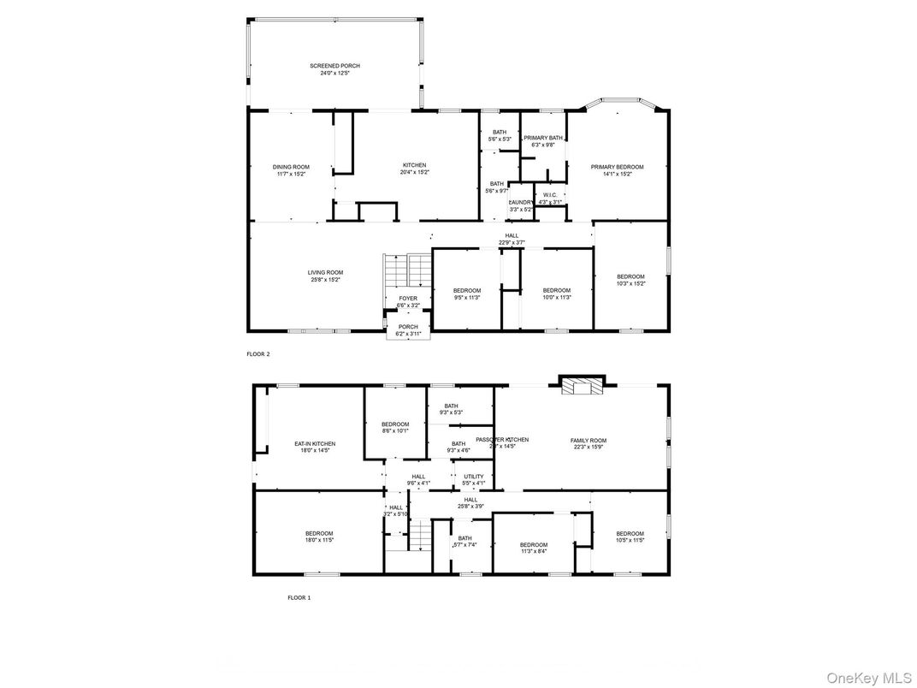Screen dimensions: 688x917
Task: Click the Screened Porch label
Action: [x=334, y=66]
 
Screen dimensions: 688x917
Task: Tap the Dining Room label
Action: [x=291, y=167]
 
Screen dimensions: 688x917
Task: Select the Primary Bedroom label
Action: [x=617, y=167]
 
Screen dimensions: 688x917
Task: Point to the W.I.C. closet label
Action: [x=550, y=195]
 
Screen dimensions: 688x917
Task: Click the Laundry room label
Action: [x=521, y=202]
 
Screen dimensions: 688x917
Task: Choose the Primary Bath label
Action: [x=543, y=138]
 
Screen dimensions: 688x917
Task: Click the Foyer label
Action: [x=408, y=299]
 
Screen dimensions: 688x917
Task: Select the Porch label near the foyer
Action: [x=408, y=326]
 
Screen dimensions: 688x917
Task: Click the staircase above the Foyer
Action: [x=407, y=270]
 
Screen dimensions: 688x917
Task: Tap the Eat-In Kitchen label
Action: [x=315, y=444]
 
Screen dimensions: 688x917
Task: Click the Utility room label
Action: [x=474, y=477]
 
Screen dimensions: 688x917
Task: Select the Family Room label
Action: [x=589, y=441]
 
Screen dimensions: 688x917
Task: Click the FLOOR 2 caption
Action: [x=257, y=353]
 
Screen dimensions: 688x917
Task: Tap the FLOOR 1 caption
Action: [x=299, y=598]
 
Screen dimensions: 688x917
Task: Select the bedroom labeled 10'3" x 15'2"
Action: [x=631, y=280]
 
